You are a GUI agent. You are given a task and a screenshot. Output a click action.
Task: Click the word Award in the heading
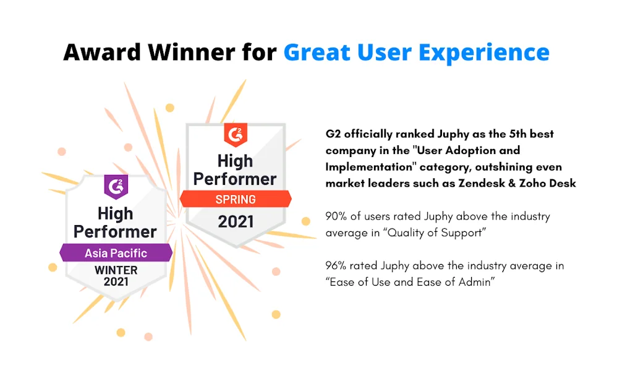click(102, 52)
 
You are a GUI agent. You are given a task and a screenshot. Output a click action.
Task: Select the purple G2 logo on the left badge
click(116, 187)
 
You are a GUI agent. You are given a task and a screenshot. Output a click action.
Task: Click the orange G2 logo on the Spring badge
click(236, 135)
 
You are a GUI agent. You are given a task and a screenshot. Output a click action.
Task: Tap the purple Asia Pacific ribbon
click(116, 253)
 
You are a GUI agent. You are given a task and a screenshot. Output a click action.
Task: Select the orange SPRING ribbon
click(236, 199)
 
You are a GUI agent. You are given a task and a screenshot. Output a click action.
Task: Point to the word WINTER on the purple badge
click(116, 270)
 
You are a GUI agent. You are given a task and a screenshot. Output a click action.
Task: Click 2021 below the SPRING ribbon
click(236, 221)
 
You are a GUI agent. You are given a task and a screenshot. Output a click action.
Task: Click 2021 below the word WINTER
click(116, 282)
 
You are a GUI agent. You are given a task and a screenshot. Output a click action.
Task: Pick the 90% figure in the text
click(336, 216)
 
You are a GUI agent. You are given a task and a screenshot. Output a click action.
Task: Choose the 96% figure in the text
click(336, 266)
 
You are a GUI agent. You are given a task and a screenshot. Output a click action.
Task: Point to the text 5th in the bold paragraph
click(518, 134)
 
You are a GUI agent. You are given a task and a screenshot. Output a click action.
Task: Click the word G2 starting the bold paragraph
click(333, 134)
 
